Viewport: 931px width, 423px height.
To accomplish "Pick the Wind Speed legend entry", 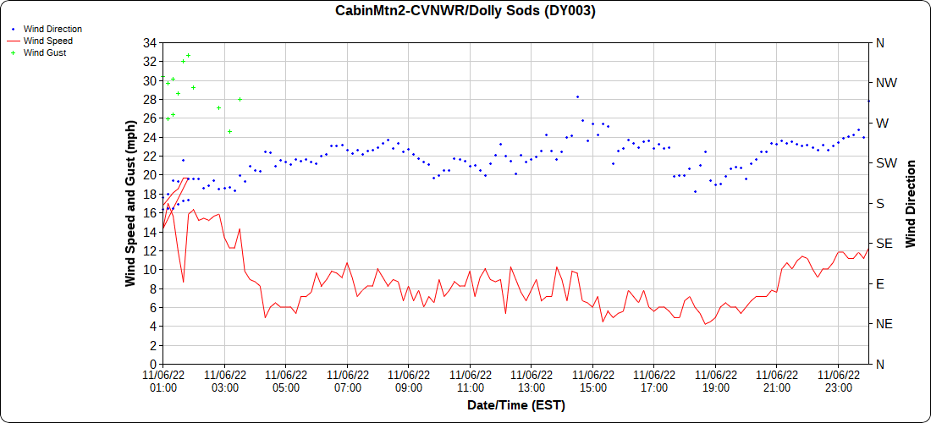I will coord(47,41).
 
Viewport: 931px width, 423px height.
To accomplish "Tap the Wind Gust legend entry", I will coord(45,52).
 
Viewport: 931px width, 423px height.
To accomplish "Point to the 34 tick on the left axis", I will coord(149,42).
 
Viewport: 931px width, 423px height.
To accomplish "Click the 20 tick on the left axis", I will coord(149,175).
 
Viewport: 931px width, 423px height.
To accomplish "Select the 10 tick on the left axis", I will coord(149,270).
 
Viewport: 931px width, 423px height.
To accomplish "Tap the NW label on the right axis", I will coord(886,83).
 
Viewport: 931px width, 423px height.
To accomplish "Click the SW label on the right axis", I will coord(885,163).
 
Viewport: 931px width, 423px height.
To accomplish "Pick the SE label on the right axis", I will coord(884,244).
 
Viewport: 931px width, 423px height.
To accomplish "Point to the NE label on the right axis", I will coord(884,324).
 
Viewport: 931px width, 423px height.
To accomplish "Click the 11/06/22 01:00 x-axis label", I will coord(163,382).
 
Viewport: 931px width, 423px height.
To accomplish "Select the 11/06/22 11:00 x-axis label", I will coord(471,382).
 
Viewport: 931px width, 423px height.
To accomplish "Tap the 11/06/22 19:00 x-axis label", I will coord(716,382).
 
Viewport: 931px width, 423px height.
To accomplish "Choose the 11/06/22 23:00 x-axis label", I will coord(839,382).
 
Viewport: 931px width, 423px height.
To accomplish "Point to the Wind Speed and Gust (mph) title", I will coord(130,203).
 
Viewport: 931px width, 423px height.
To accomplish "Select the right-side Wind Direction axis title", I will coord(912,203).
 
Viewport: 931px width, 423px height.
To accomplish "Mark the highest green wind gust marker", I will coord(188,56).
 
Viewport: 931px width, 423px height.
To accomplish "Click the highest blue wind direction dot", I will coord(577,96).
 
